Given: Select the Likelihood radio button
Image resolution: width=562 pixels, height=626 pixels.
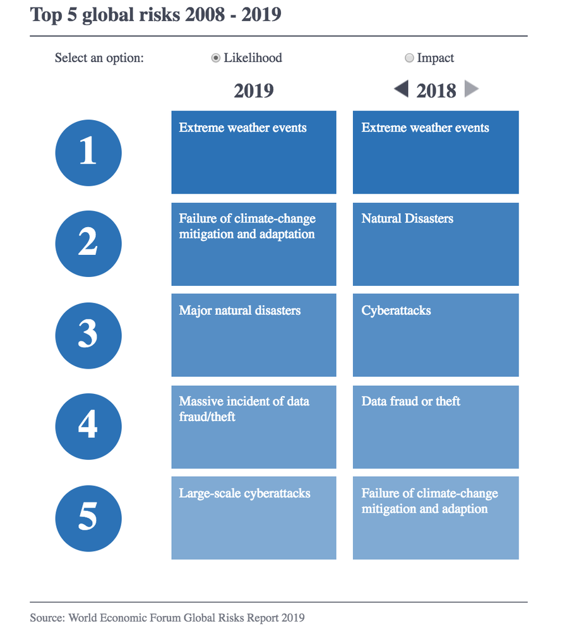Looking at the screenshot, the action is pyautogui.click(x=215, y=58).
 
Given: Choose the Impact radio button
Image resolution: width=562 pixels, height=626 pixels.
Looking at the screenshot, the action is pyautogui.click(x=409, y=58).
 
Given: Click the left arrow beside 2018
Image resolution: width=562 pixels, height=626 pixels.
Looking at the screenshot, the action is pyautogui.click(x=401, y=89).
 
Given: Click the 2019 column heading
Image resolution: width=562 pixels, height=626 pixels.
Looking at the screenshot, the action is pyautogui.click(x=254, y=90).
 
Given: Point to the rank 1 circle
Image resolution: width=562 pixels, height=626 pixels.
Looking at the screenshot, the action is pyautogui.click(x=88, y=152).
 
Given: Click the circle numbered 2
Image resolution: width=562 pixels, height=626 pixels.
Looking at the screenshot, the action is pyautogui.click(x=88, y=243).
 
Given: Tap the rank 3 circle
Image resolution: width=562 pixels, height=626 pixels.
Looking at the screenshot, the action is pyautogui.click(x=88, y=335).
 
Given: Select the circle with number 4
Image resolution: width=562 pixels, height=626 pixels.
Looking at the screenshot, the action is pyautogui.click(x=88, y=426).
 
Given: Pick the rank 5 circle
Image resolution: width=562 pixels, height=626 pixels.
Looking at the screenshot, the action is pyautogui.click(x=88, y=519).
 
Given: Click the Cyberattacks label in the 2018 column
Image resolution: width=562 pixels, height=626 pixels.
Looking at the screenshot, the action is pyautogui.click(x=396, y=310).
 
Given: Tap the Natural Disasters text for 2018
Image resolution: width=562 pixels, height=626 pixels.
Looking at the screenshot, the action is pyautogui.click(x=407, y=218).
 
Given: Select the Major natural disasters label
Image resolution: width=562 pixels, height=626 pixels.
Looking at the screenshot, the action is pyautogui.click(x=240, y=310).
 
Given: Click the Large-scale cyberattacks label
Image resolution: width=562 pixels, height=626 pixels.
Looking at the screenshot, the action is pyautogui.click(x=245, y=493).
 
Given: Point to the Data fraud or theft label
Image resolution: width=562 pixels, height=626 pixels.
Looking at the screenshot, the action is pyautogui.click(x=411, y=402).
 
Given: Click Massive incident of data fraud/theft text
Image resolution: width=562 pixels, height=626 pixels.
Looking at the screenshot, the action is pyautogui.click(x=244, y=409).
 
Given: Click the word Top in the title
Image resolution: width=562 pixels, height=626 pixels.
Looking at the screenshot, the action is pyautogui.click(x=46, y=15).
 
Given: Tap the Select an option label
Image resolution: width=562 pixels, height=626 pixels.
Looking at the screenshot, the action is pyautogui.click(x=99, y=58).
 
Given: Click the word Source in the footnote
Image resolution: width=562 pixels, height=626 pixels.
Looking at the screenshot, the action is pyautogui.click(x=47, y=618).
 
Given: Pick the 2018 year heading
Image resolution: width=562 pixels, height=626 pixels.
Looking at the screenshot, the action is pyautogui.click(x=436, y=90).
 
